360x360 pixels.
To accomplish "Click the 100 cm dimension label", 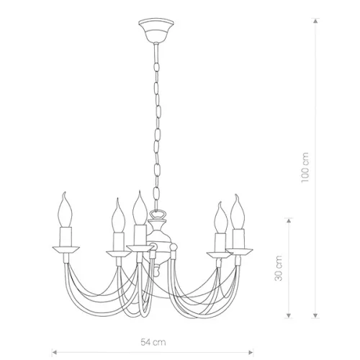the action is coord(305,167).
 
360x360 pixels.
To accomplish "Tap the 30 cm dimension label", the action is coord(279,269).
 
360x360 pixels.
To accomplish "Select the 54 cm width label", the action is coord(153,342).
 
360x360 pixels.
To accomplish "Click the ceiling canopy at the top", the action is coord(156,30).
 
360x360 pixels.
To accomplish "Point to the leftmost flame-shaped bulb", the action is coord(66,210).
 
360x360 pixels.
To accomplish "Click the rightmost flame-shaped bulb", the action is coord(238,212).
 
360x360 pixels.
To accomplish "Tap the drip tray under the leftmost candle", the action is coord(66,249).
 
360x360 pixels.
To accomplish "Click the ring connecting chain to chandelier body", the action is coord(157,215).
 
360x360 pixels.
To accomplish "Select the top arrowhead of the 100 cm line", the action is coord(316,21).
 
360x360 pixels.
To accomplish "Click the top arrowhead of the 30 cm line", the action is coord(289,220).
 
